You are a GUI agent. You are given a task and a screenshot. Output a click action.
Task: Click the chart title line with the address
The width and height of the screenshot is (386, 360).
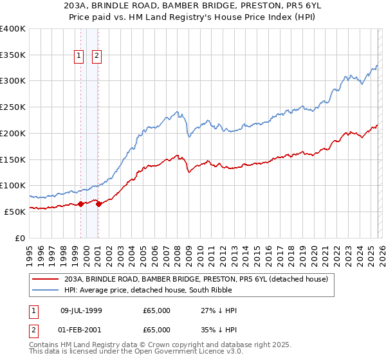pyautogui.click(x=192, y=5)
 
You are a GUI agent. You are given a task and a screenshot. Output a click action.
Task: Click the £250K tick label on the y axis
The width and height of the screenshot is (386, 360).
pyautogui.click(x=13, y=107)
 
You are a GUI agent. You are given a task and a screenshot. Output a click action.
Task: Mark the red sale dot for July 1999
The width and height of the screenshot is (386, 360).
pyautogui.click(x=80, y=204)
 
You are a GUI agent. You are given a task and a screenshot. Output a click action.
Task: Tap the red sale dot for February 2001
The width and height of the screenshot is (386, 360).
pyautogui.click(x=98, y=204)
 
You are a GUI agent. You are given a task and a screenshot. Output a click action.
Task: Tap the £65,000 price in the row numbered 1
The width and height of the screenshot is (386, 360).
pyautogui.click(x=157, y=310)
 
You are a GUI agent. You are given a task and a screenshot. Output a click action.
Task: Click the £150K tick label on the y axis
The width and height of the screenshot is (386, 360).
pyautogui.click(x=13, y=159)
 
